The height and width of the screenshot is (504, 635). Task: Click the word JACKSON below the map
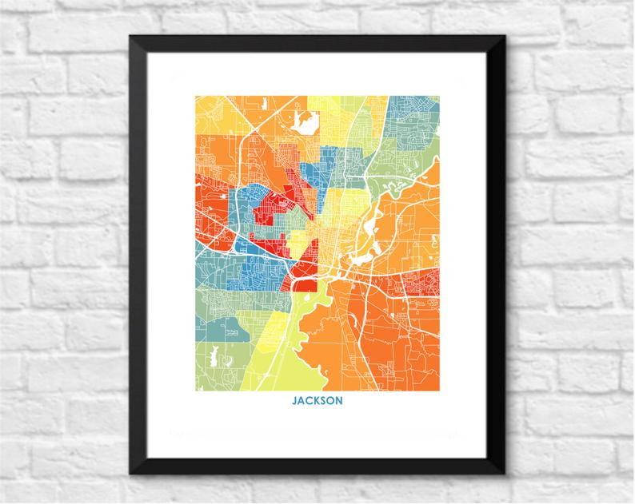[x=317, y=400]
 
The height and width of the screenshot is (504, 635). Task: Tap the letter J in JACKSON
[x=295, y=400]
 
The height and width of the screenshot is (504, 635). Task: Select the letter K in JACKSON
[x=315, y=400]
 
